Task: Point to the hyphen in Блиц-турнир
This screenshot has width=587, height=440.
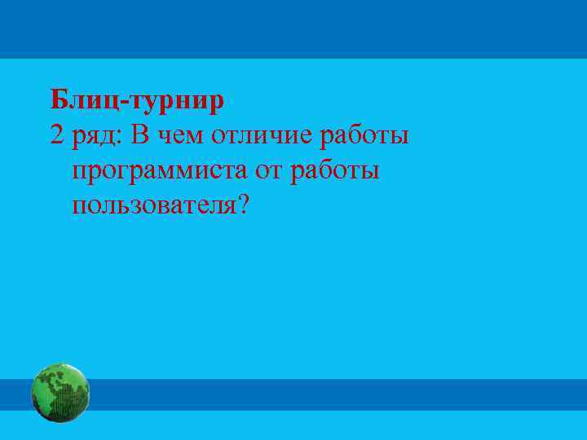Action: pos(122,103)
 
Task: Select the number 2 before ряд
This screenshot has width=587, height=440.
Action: pos(56,135)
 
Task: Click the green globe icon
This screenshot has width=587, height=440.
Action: pos(60,393)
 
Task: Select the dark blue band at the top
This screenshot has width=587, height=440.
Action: pos(293,29)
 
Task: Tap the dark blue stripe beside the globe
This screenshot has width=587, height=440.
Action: pos(326,394)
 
